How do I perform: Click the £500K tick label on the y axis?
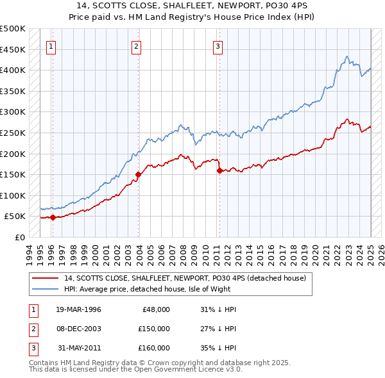(x=13, y=29)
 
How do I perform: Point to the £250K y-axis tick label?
(x=13, y=133)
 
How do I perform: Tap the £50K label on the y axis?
(x=15, y=217)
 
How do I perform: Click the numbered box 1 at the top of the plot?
(x=51, y=46)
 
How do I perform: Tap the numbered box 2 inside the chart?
(x=137, y=46)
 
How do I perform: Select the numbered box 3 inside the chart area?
(x=218, y=46)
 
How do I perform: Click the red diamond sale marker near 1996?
(x=53, y=217)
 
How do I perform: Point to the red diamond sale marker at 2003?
(x=139, y=174)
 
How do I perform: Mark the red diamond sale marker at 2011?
(x=219, y=170)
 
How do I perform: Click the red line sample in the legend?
(x=45, y=279)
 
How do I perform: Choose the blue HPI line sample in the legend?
(x=45, y=289)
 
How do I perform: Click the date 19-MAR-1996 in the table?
(x=78, y=309)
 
